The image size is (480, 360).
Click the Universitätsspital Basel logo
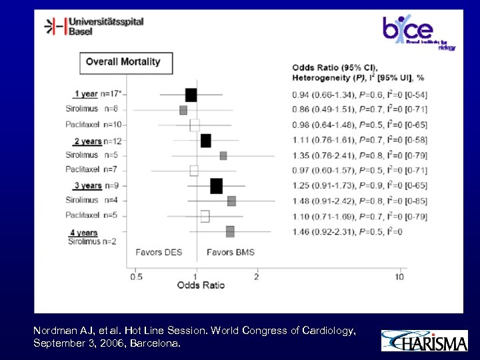click(x=94, y=27)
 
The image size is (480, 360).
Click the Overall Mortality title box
click(x=125, y=62)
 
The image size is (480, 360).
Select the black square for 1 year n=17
click(x=191, y=95)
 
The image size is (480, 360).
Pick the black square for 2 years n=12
click(x=205, y=141)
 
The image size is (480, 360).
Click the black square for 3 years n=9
click(x=216, y=186)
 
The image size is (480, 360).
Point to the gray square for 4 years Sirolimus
click(x=230, y=231)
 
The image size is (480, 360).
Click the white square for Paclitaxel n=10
click(x=195, y=125)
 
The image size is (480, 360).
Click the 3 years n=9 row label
click(x=94, y=186)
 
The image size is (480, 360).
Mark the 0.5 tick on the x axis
click(x=136, y=277)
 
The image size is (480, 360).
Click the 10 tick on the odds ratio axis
click(x=400, y=277)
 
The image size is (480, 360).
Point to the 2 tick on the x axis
click(x=256, y=277)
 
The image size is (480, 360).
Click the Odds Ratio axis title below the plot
click(x=201, y=285)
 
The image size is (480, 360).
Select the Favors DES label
click(x=159, y=252)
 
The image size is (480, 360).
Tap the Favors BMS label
click(x=230, y=252)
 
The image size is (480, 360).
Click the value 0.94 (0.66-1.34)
click(x=325, y=95)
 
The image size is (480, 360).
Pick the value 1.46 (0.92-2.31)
click(x=325, y=231)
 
